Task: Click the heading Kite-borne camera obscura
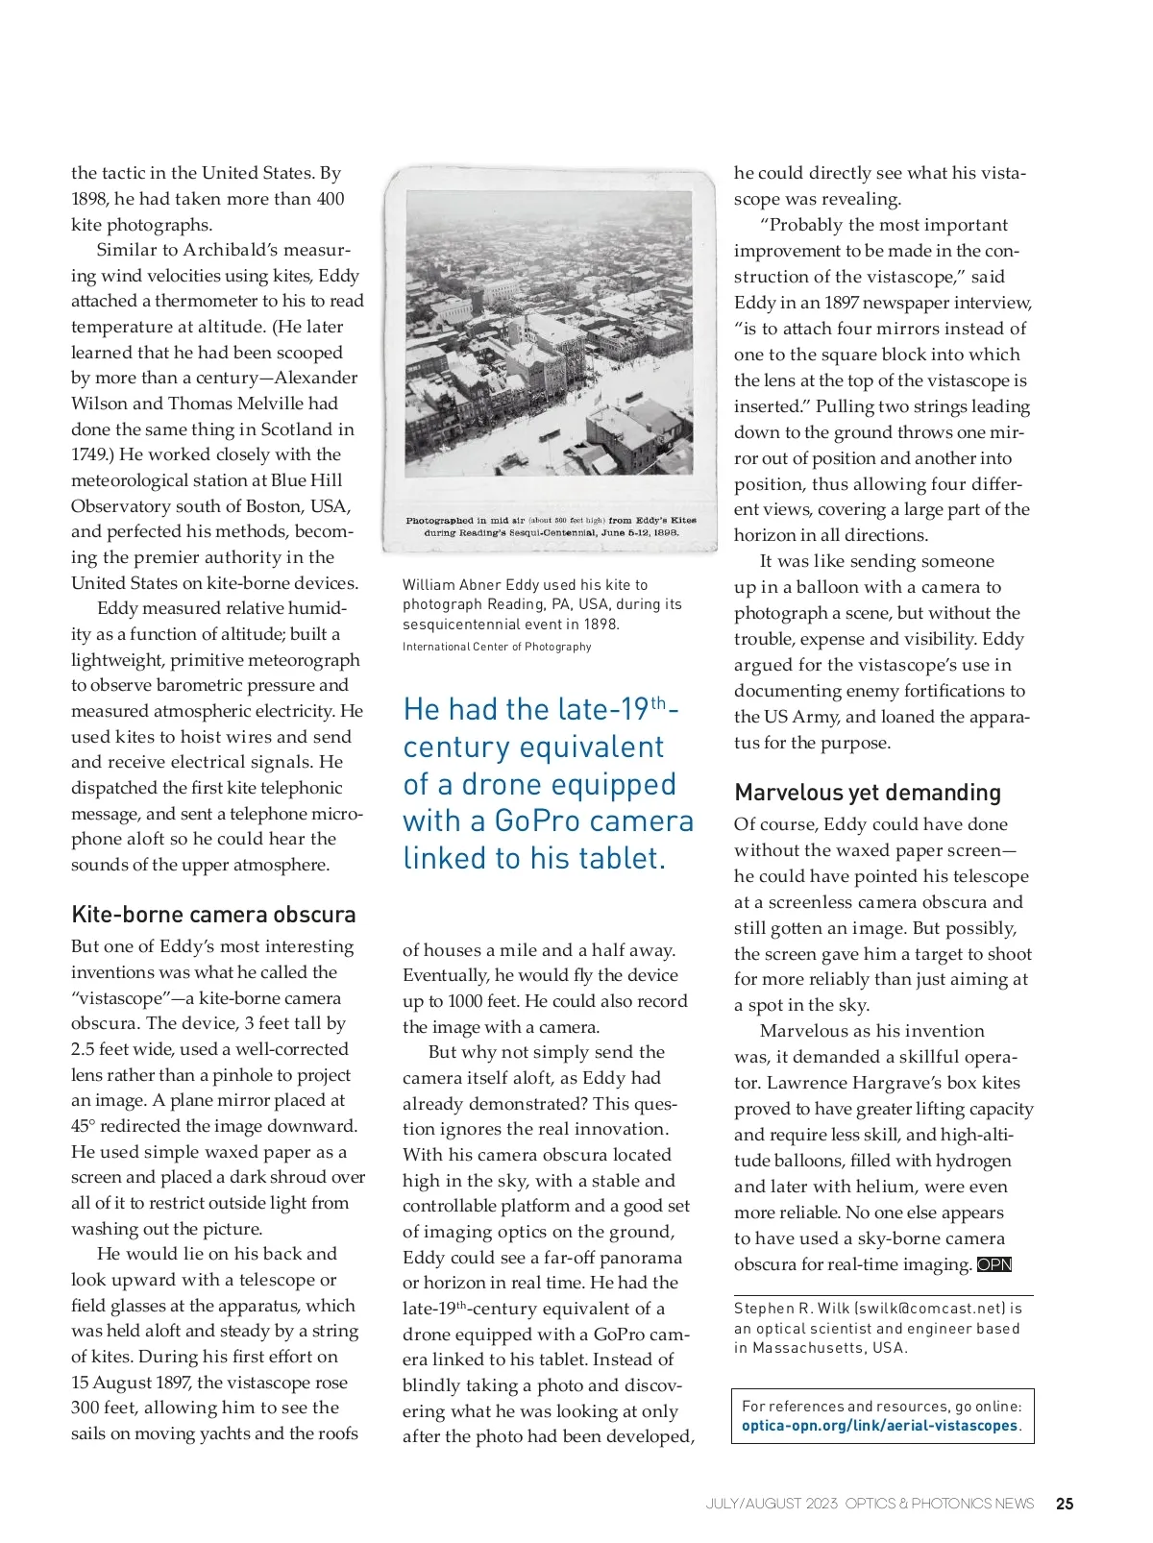pos(213,914)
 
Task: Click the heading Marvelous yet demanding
pos(868,793)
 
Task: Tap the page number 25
pos(1065,1504)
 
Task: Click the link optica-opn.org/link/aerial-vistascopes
pos(879,1426)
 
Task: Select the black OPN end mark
pos(994,1264)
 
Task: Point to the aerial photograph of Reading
pos(549,333)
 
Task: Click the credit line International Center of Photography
pos(497,647)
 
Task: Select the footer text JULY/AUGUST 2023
pos(772,1504)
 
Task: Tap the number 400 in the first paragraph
pos(330,199)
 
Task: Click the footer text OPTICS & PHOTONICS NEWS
pos(939,1504)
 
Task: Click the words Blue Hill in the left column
pos(306,480)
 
